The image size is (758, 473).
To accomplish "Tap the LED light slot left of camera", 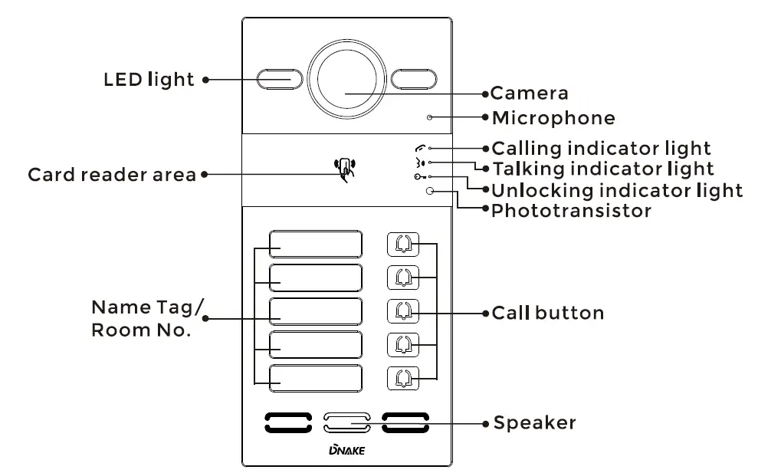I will click(274, 78).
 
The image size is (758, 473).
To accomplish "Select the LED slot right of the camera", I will click(414, 78).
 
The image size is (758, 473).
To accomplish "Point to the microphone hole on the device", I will click(430, 118).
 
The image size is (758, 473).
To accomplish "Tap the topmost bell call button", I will click(404, 244).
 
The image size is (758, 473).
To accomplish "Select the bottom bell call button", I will click(404, 378).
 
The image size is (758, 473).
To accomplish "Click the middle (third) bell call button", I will click(404, 310).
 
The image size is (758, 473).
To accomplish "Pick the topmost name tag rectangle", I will click(315, 245).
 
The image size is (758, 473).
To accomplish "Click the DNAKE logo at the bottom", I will click(346, 450).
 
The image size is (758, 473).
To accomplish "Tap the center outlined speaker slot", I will click(346, 420).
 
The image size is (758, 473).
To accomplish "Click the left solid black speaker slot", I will click(288, 420).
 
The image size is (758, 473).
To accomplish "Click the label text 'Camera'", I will click(530, 94).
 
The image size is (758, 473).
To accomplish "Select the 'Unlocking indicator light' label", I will click(616, 189).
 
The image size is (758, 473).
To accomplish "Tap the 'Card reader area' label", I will click(112, 175).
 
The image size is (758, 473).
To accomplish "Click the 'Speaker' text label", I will click(534, 422).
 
